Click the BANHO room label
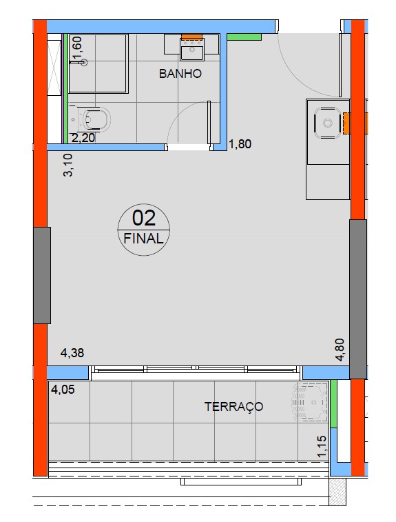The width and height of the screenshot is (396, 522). (x=180, y=73)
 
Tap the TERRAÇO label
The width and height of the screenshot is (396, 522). (x=233, y=406)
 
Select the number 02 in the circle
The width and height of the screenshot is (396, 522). (x=144, y=218)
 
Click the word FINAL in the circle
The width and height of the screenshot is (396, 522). (x=143, y=239)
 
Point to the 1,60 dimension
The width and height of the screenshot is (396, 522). (x=77, y=50)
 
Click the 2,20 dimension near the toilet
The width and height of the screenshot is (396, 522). (x=83, y=137)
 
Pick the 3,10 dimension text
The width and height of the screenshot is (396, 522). (x=68, y=165)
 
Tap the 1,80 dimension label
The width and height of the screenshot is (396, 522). (x=240, y=144)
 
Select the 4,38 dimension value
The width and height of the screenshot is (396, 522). (x=72, y=352)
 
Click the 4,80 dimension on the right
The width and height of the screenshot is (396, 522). (x=340, y=350)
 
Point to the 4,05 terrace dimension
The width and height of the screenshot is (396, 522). (x=63, y=389)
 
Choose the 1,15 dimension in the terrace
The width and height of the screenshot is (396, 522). (x=322, y=446)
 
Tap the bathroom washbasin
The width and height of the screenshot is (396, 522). (x=192, y=48)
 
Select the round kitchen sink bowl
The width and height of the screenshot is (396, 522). (x=328, y=123)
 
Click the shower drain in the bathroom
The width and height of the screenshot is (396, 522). (x=85, y=62)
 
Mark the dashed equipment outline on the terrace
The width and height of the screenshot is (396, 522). (x=309, y=402)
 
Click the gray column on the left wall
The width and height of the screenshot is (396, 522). (x=42, y=275)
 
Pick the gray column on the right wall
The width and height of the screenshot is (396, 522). (x=358, y=299)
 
